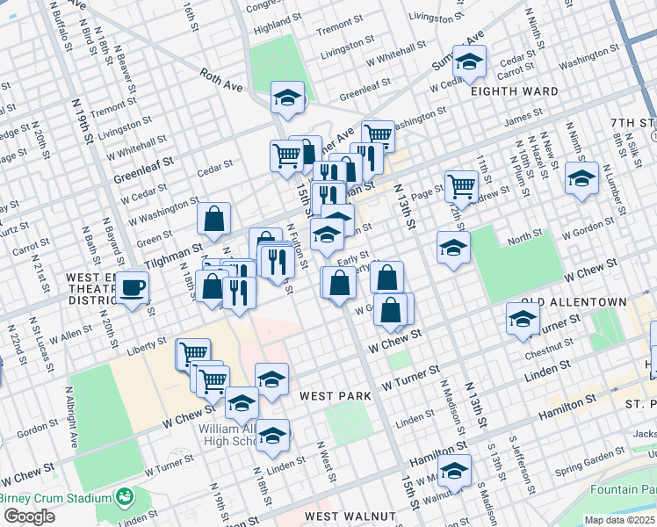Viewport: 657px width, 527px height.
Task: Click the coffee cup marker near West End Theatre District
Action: (133, 287)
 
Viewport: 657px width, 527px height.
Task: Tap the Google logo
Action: (29, 516)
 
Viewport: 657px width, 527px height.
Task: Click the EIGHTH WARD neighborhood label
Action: (515, 91)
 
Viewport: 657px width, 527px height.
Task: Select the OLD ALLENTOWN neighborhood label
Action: (574, 302)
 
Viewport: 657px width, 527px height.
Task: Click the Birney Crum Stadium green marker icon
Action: (124, 497)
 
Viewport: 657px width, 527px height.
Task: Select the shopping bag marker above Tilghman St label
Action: (213, 220)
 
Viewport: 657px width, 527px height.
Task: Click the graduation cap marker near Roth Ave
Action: (286, 98)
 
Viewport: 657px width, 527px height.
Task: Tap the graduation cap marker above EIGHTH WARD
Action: (469, 61)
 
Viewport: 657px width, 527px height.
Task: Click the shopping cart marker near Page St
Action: (460, 186)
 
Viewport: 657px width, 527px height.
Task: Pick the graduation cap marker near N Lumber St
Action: (581, 178)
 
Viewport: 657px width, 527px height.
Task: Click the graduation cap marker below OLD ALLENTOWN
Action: (523, 320)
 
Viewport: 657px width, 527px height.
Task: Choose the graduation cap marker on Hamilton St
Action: (454, 472)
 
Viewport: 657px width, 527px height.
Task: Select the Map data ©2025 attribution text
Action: (619, 520)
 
